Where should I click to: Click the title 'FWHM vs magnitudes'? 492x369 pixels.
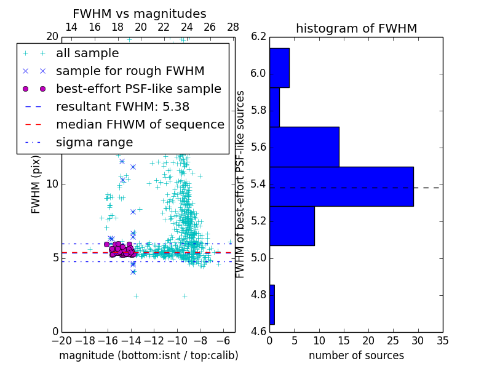[x=139, y=14]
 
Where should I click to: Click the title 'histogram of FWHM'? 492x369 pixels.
[x=356, y=28]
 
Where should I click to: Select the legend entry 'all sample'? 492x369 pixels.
[x=87, y=54]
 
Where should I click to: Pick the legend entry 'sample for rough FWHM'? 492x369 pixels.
[x=130, y=71]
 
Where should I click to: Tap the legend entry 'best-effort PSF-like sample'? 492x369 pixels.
[x=138, y=89]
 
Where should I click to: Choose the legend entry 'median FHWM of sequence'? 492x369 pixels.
[x=140, y=124]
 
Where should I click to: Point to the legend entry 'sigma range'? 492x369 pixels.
[x=94, y=142]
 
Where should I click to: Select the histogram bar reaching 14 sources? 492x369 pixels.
[x=304, y=146]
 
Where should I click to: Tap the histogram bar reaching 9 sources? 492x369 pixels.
[x=292, y=226]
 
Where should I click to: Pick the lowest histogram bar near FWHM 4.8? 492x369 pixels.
[x=272, y=304]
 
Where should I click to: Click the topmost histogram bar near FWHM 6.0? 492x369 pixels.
[x=279, y=68]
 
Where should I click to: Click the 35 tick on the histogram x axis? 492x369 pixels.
[x=442, y=340]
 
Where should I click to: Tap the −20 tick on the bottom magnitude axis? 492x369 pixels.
[x=61, y=340]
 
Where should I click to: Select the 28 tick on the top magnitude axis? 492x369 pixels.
[x=233, y=27]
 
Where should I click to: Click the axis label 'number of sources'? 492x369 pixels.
[x=356, y=355]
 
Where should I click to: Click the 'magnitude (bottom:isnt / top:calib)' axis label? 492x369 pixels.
[x=148, y=355]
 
